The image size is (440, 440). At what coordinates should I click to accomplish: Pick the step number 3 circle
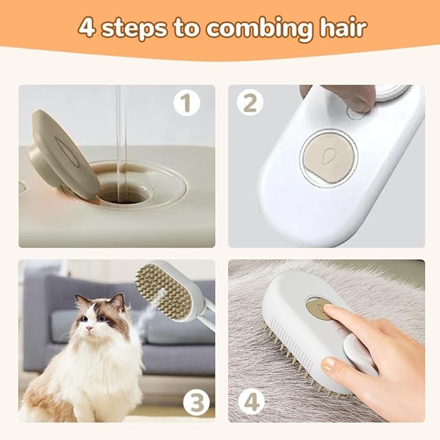pos(194,402)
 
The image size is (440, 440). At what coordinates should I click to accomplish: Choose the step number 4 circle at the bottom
pos(251,402)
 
